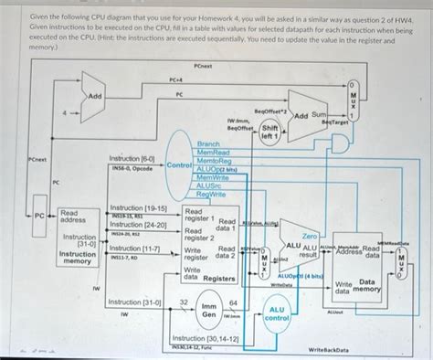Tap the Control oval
click(178, 165)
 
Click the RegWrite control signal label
click(211, 194)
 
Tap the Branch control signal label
click(208, 144)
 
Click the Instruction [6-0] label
click(132, 158)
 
